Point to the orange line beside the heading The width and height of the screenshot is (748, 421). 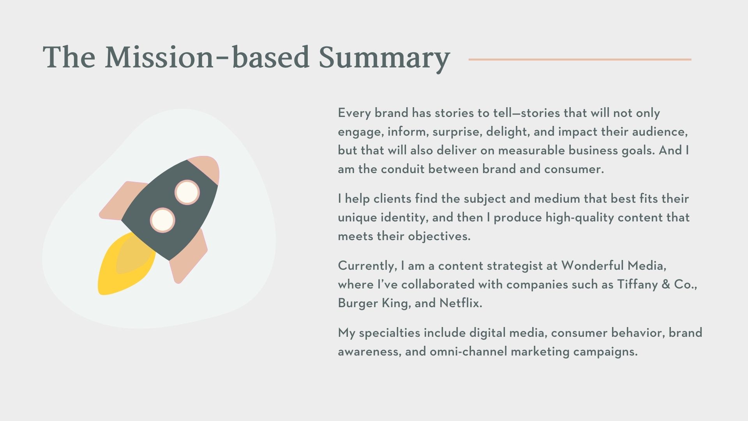pyautogui.click(x=580, y=59)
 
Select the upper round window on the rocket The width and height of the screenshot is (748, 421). pyautogui.click(x=187, y=192)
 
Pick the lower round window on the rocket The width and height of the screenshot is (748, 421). pyautogui.click(x=162, y=220)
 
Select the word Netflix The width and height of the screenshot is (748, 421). pyautogui.click(x=460, y=303)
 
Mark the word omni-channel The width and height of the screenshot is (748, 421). pyautogui.click(x=468, y=352)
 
